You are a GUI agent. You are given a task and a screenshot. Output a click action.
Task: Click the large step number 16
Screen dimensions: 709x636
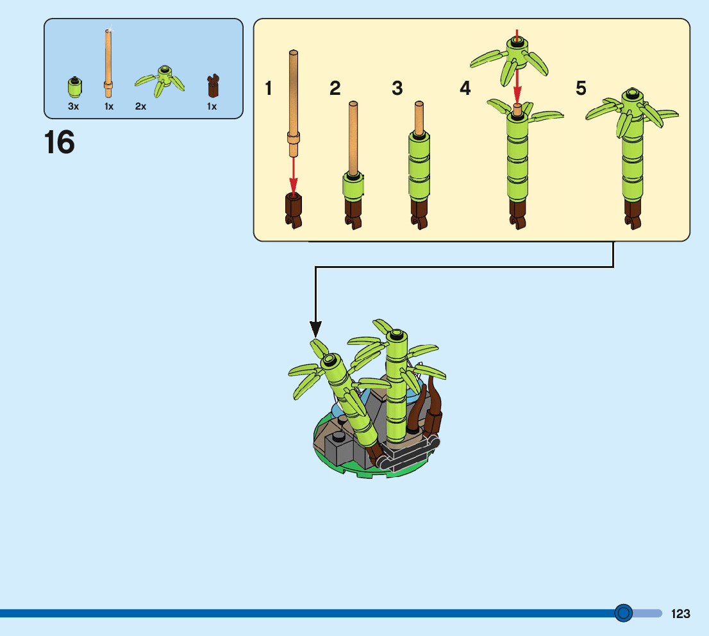point(60,143)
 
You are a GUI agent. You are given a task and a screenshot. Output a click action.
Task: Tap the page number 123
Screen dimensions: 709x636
point(681,614)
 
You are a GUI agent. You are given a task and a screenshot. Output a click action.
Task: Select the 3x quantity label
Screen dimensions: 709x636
point(74,107)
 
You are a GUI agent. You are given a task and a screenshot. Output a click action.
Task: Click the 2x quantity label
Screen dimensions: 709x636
point(140,107)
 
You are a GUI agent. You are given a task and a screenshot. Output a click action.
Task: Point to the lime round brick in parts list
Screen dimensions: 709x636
point(74,87)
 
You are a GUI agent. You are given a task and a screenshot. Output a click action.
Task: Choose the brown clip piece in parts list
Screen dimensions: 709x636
point(213,85)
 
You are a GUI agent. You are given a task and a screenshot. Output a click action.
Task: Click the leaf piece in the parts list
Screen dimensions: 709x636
point(160,80)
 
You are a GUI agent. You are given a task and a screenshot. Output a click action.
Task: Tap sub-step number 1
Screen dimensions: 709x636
point(269,88)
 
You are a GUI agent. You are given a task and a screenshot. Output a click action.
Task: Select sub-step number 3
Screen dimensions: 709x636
point(397,88)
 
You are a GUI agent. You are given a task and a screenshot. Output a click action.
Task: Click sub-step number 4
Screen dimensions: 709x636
point(465,88)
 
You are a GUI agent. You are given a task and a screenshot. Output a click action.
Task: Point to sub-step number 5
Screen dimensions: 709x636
point(581,88)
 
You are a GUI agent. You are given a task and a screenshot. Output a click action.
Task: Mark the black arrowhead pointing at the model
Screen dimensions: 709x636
point(315,330)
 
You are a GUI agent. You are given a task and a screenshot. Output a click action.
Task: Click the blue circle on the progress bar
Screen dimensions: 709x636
point(623,614)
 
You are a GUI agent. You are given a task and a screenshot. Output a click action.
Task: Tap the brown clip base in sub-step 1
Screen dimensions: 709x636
point(293,210)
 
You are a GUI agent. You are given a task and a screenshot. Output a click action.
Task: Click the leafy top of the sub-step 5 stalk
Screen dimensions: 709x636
point(631,110)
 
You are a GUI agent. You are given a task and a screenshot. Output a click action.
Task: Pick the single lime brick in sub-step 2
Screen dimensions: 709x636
point(353,186)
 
